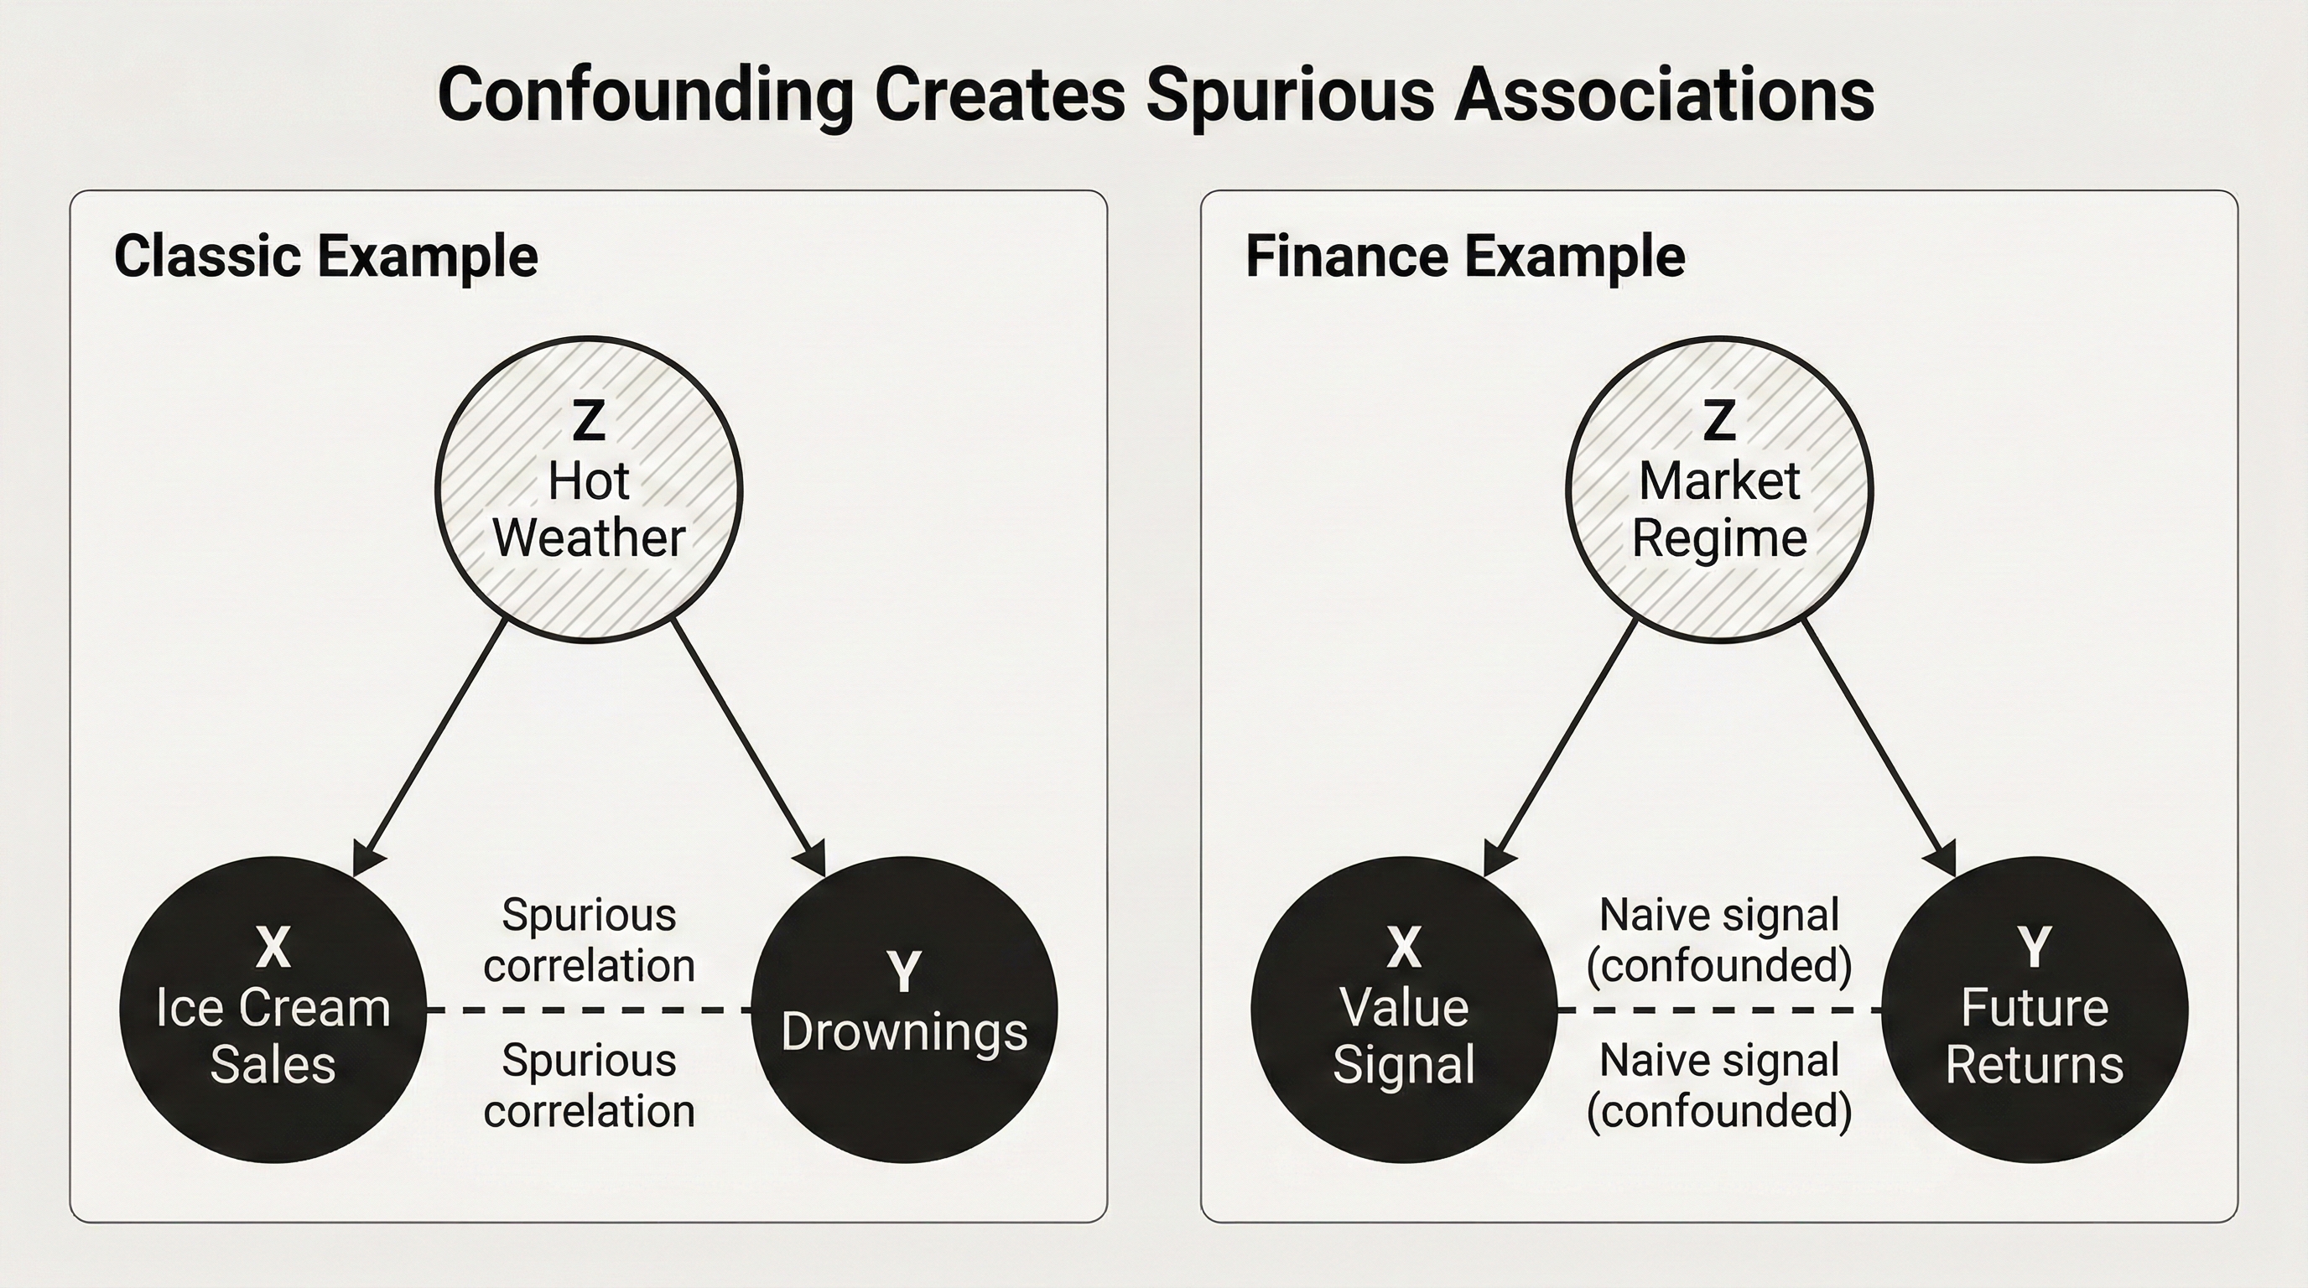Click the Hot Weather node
tap(589, 489)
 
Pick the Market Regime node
tap(1718, 489)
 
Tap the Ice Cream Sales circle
tap(273, 1010)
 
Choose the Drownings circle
tap(904, 1010)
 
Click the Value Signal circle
tap(1403, 1010)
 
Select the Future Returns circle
tap(2034, 1010)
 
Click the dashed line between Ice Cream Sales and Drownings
tap(589, 1010)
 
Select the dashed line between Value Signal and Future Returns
tap(1718, 1010)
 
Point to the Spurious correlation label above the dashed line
tap(589, 939)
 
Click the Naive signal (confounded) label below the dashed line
tap(1718, 1086)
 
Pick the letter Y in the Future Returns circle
tap(2034, 946)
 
